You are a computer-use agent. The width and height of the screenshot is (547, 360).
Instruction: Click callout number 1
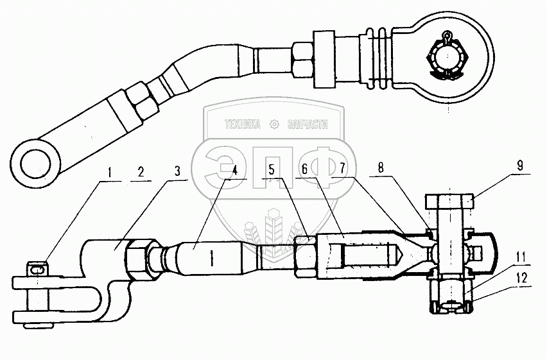[111, 172]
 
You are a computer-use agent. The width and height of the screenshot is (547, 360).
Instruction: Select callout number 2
[140, 172]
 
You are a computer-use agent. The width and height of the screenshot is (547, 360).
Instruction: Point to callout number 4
[235, 171]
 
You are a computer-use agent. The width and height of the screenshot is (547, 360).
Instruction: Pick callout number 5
[272, 171]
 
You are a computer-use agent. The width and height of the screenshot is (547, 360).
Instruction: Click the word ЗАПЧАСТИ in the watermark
[305, 124]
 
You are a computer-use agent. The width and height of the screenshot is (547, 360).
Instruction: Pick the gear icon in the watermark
[274, 124]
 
